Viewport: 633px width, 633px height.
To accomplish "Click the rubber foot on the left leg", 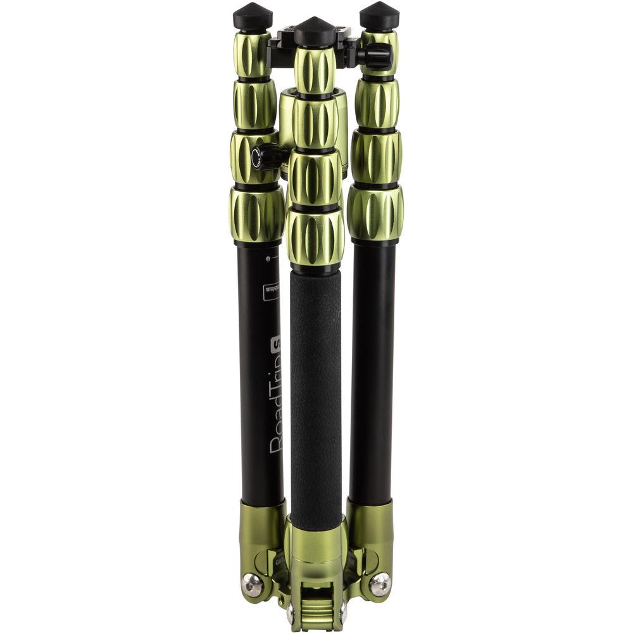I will pyautogui.click(x=253, y=17).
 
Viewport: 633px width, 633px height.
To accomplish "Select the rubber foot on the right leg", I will pyautogui.click(x=379, y=16).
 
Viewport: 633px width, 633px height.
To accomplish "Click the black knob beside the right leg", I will pyautogui.click(x=378, y=56).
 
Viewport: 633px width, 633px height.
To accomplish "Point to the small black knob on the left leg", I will pyautogui.click(x=266, y=156).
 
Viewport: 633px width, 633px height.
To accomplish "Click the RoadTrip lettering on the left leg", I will pyautogui.click(x=276, y=405).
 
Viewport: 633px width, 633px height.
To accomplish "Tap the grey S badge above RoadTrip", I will pyautogui.click(x=276, y=345).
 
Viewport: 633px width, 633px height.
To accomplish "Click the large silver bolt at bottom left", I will pyautogui.click(x=253, y=585).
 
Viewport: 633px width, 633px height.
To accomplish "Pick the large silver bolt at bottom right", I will pyautogui.click(x=380, y=584).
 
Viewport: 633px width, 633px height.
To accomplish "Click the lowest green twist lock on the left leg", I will pyautogui.click(x=256, y=215).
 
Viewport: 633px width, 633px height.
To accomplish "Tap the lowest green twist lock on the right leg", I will pyautogui.click(x=375, y=213).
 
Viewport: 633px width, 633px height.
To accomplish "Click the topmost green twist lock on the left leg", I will pyautogui.click(x=253, y=54).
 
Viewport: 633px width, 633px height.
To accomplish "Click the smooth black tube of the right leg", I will pyautogui.click(x=372, y=367).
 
